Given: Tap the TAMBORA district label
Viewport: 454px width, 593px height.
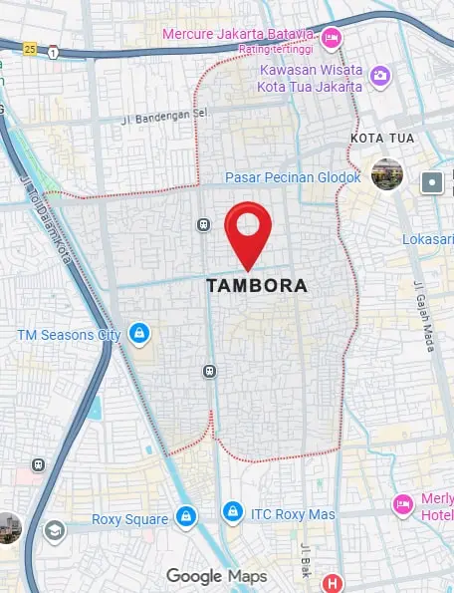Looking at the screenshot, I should (257, 286).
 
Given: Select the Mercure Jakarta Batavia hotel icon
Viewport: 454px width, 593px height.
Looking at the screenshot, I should (332, 38).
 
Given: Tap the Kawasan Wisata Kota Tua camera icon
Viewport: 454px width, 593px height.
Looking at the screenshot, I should (379, 75).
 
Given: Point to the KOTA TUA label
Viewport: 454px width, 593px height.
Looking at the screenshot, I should (382, 138).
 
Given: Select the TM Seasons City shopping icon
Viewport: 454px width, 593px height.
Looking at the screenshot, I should (139, 334).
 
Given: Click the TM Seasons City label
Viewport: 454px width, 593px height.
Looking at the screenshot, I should (69, 334).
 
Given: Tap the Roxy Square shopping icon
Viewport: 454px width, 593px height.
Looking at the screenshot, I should (184, 516).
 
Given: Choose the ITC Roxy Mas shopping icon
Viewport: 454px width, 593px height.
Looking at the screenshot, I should (232, 512).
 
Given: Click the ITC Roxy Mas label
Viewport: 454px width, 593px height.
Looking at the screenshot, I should (293, 513).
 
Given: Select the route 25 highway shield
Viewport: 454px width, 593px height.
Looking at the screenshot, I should (32, 48).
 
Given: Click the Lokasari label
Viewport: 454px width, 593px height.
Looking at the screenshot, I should (428, 239).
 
